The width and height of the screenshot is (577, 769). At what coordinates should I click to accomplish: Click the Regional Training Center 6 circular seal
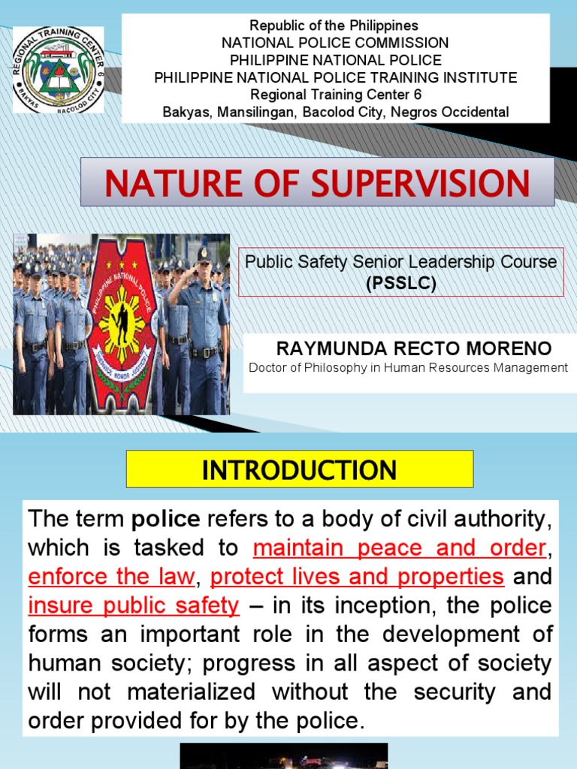(x=59, y=70)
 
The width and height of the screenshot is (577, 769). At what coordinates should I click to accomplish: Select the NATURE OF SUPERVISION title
(x=317, y=183)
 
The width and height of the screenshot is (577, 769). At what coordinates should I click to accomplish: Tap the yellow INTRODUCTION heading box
(x=300, y=469)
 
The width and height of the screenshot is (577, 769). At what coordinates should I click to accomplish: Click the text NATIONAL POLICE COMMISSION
(x=335, y=43)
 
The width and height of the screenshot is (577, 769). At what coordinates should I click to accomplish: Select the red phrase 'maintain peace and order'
(x=399, y=548)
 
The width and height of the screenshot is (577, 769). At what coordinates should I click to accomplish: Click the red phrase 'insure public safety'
(x=134, y=605)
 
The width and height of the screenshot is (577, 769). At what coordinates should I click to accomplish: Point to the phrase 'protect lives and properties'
(x=357, y=577)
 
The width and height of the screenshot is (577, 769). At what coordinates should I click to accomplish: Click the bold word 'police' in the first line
(x=167, y=520)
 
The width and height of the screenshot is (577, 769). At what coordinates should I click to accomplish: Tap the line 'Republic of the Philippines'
(x=335, y=26)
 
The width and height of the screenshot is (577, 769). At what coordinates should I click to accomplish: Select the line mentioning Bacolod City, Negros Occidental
(x=335, y=112)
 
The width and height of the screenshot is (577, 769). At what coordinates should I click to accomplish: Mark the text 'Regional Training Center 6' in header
(x=335, y=95)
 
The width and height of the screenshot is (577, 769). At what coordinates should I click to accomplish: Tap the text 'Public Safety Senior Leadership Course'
(x=401, y=262)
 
